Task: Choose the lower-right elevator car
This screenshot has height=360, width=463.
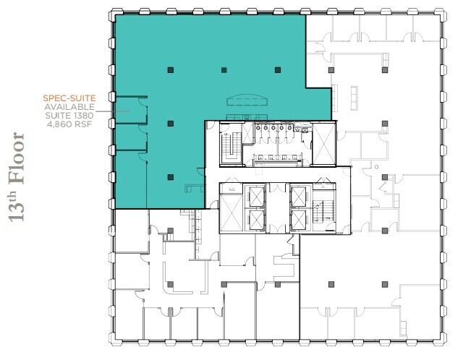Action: pos(299,220)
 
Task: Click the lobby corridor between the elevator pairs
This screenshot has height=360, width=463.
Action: pos(278,208)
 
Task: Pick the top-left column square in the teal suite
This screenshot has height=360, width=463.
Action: pos(169,70)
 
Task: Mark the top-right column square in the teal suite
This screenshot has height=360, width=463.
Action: pos(277,70)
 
